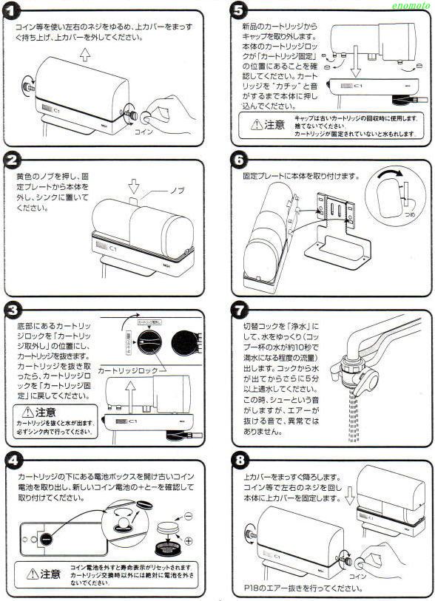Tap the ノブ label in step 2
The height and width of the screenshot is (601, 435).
(178, 191)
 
